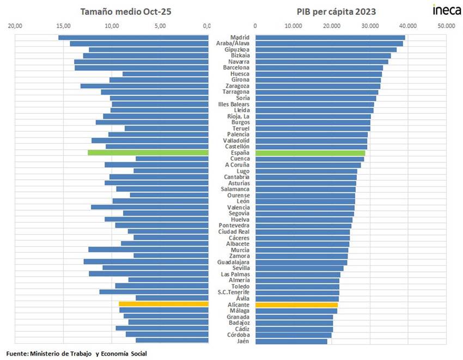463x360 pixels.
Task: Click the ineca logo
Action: point(446,10)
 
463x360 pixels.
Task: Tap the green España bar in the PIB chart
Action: point(309,153)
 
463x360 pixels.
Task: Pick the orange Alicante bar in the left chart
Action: point(163,304)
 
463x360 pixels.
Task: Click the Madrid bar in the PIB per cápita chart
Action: point(330,38)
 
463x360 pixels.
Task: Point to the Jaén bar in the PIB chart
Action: point(291,341)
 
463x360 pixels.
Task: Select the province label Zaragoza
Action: point(237,86)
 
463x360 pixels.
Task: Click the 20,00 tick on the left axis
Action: point(16,26)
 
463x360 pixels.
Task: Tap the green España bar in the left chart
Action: point(148,153)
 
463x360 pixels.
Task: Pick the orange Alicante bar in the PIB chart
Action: point(296,304)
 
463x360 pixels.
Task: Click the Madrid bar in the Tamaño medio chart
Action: point(133,38)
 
